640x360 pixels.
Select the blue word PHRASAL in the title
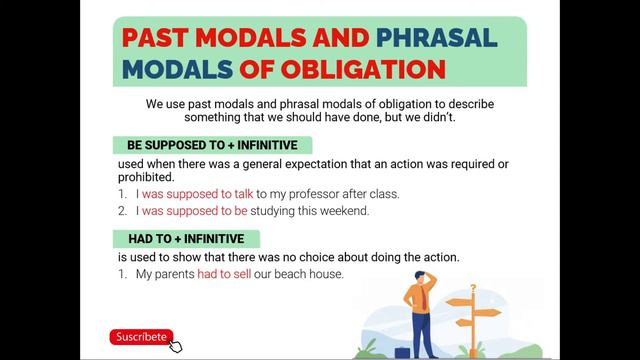(436, 38)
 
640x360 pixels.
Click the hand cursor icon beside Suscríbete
(177, 346)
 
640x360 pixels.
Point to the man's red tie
(423, 295)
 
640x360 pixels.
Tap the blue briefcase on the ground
(402, 352)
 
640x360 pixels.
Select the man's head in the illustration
(420, 277)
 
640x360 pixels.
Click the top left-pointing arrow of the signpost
(458, 301)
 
